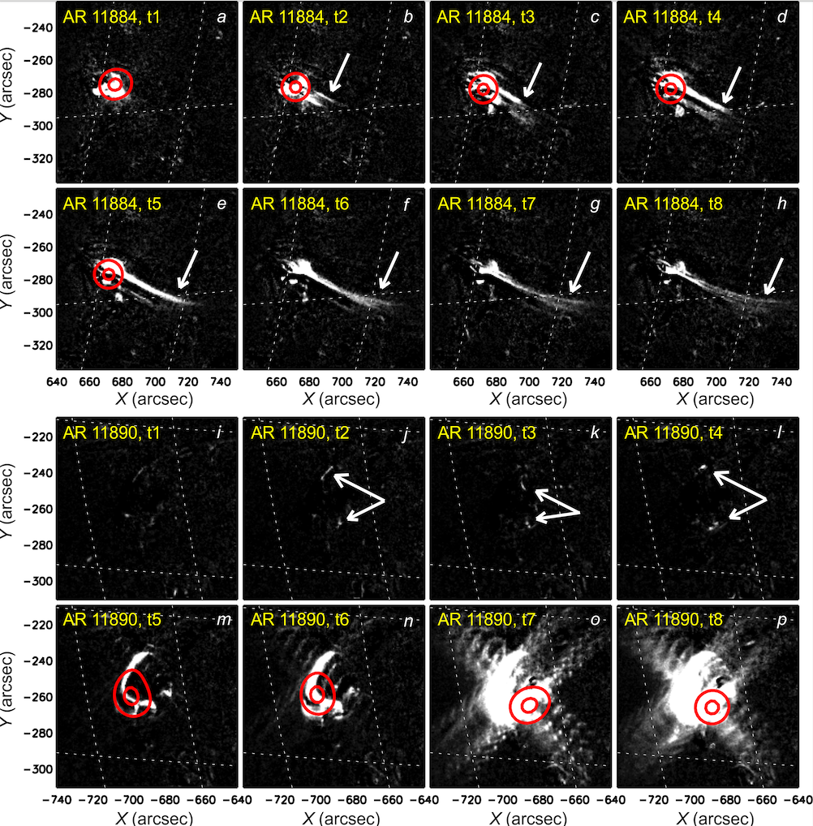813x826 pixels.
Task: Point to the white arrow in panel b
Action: tap(341, 72)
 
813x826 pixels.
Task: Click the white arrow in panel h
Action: tap(774, 277)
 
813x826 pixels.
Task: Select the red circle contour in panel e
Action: tap(109, 274)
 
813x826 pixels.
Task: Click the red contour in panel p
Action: tap(712, 707)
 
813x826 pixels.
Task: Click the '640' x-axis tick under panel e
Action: tap(57, 380)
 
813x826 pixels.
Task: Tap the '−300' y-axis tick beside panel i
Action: tap(38, 581)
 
